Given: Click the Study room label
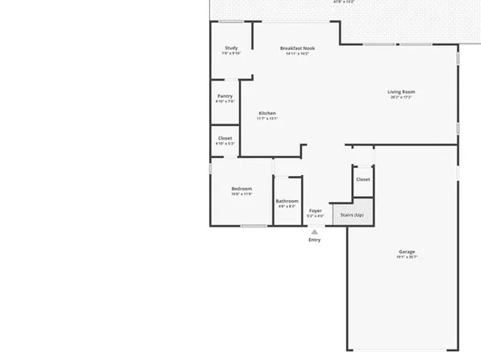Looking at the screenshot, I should click(231, 48).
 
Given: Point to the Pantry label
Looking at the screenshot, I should click(225, 96).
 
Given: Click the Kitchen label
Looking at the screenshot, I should click(267, 113).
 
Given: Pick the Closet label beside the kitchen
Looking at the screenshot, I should click(225, 138).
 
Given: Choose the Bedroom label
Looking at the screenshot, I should click(242, 189).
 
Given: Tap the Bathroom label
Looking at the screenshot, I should click(287, 201).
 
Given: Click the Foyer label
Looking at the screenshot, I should click(316, 211).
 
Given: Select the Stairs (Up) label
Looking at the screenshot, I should click(352, 215).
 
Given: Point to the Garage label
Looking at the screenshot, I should click(407, 252).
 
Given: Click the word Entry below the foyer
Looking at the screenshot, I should click(315, 240).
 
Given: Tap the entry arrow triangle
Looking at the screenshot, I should click(315, 232).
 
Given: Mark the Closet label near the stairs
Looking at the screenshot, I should click(363, 179).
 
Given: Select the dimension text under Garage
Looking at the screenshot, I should click(407, 257).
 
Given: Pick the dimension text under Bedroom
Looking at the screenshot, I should click(242, 195).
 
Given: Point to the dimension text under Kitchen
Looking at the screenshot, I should click(267, 119).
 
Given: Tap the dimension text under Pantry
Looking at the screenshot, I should click(225, 102).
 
